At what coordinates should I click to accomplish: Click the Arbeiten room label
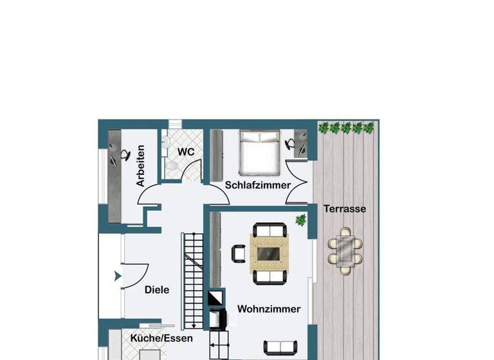pyautogui.click(x=140, y=166)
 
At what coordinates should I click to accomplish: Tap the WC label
pyautogui.click(x=186, y=152)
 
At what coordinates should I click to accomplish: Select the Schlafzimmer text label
pyautogui.click(x=257, y=185)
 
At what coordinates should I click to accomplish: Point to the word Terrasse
pyautogui.click(x=345, y=209)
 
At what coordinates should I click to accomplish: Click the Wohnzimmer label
pyautogui.click(x=269, y=309)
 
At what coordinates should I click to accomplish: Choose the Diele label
pyautogui.click(x=157, y=290)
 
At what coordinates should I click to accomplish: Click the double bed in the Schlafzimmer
pyautogui.click(x=260, y=152)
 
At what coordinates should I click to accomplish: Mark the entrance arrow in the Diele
pyautogui.click(x=117, y=276)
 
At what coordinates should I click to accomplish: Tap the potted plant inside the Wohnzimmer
pyautogui.click(x=300, y=220)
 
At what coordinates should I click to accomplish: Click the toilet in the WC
pyautogui.click(x=171, y=165)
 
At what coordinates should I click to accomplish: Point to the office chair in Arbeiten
pyautogui.click(x=125, y=154)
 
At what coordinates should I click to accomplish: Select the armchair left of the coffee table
pyautogui.click(x=239, y=253)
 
